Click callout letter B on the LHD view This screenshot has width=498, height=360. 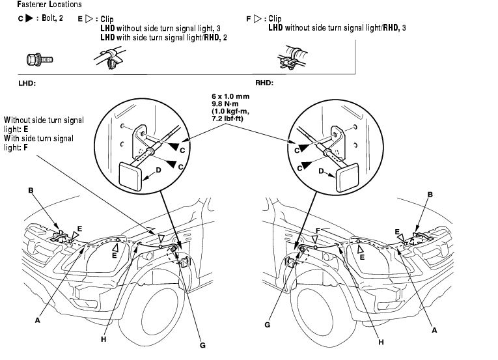point(31,191)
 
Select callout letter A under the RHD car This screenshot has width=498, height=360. point(435,330)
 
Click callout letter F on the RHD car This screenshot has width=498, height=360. point(318,230)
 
